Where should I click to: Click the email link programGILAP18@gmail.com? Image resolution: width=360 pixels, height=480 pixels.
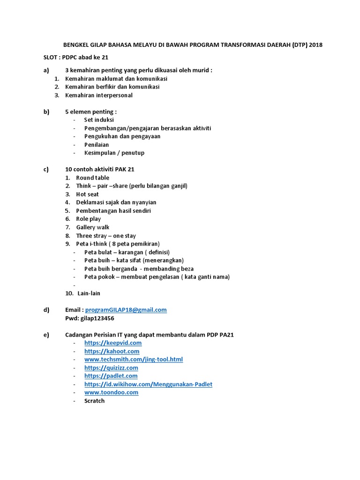126,310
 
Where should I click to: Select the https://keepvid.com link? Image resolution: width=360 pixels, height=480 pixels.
113,343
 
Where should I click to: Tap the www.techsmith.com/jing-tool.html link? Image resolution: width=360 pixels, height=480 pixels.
134,360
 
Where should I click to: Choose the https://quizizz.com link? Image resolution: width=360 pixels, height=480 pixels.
111,368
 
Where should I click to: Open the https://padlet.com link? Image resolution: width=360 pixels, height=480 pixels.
111,376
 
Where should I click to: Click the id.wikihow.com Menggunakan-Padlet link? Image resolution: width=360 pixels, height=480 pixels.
148,384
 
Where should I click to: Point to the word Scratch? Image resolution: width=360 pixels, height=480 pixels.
94,401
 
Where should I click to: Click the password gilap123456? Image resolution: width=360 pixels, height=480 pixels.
97,318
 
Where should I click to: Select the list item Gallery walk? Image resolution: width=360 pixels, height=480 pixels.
92,227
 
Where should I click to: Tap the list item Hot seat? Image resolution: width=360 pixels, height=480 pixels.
87,194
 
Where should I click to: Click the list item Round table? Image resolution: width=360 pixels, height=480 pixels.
92,178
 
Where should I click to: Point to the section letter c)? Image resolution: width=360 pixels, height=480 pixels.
46,169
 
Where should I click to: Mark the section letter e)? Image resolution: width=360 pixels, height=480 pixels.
46,335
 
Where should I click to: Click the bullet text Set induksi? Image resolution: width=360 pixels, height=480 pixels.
99,120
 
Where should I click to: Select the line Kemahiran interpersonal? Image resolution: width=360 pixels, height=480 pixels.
98,95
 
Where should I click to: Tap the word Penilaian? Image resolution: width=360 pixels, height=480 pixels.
97,145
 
